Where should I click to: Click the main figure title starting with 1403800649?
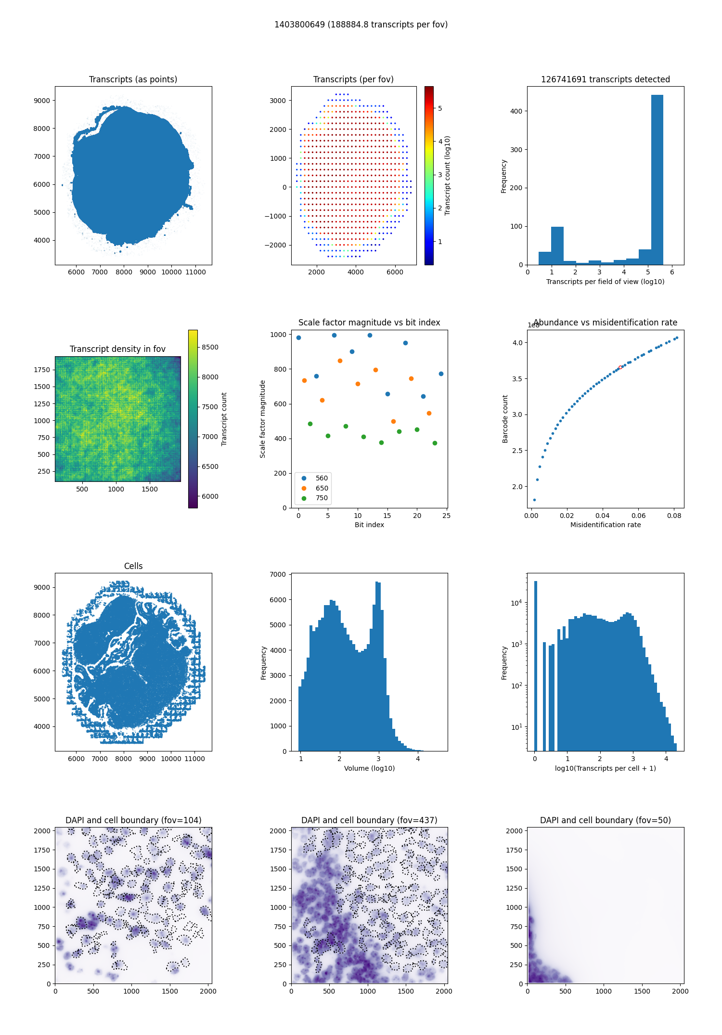(361, 25)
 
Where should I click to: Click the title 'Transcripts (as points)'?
(133, 79)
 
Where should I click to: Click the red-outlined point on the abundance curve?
(620, 367)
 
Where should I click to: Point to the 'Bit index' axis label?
(369, 525)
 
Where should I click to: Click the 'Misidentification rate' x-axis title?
(605, 525)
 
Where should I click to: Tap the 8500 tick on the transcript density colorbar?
(210, 347)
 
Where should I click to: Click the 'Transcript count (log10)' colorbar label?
(447, 176)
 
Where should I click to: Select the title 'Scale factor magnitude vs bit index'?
(369, 323)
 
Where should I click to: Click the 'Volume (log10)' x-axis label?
(369, 768)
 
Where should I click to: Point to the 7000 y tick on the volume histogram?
(279, 574)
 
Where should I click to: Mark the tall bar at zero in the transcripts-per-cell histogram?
(535, 664)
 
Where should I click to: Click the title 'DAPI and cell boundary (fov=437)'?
(369, 820)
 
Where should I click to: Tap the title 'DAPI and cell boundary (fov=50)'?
(605, 820)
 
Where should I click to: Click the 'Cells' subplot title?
(133, 566)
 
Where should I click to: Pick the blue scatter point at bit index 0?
(298, 337)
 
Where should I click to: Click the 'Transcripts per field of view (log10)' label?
(605, 282)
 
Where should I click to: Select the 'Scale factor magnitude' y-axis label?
(263, 419)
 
